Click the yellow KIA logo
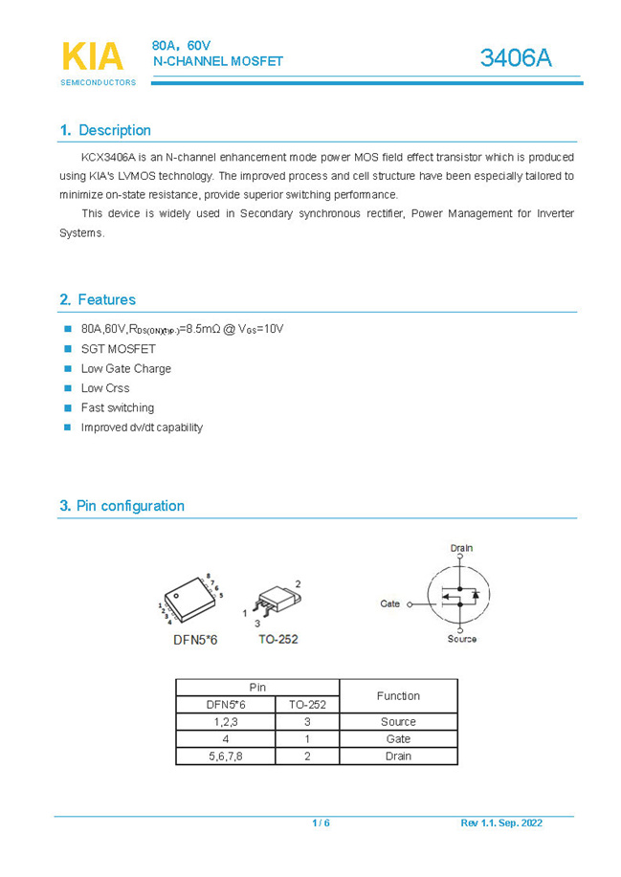[93, 56]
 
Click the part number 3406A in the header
[516, 58]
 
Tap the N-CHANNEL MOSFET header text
[218, 61]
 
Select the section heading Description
[114, 130]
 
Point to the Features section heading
[106, 299]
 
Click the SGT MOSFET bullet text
[118, 349]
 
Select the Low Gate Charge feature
[125, 368]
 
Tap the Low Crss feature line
[105, 388]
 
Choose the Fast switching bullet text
[117, 407]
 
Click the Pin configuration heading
[130, 506]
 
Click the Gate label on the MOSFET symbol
[389, 603]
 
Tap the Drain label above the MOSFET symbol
[461, 548]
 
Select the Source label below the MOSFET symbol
[461, 639]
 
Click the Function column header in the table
[398, 695]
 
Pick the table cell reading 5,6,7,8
[225, 756]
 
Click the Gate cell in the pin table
[398, 738]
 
